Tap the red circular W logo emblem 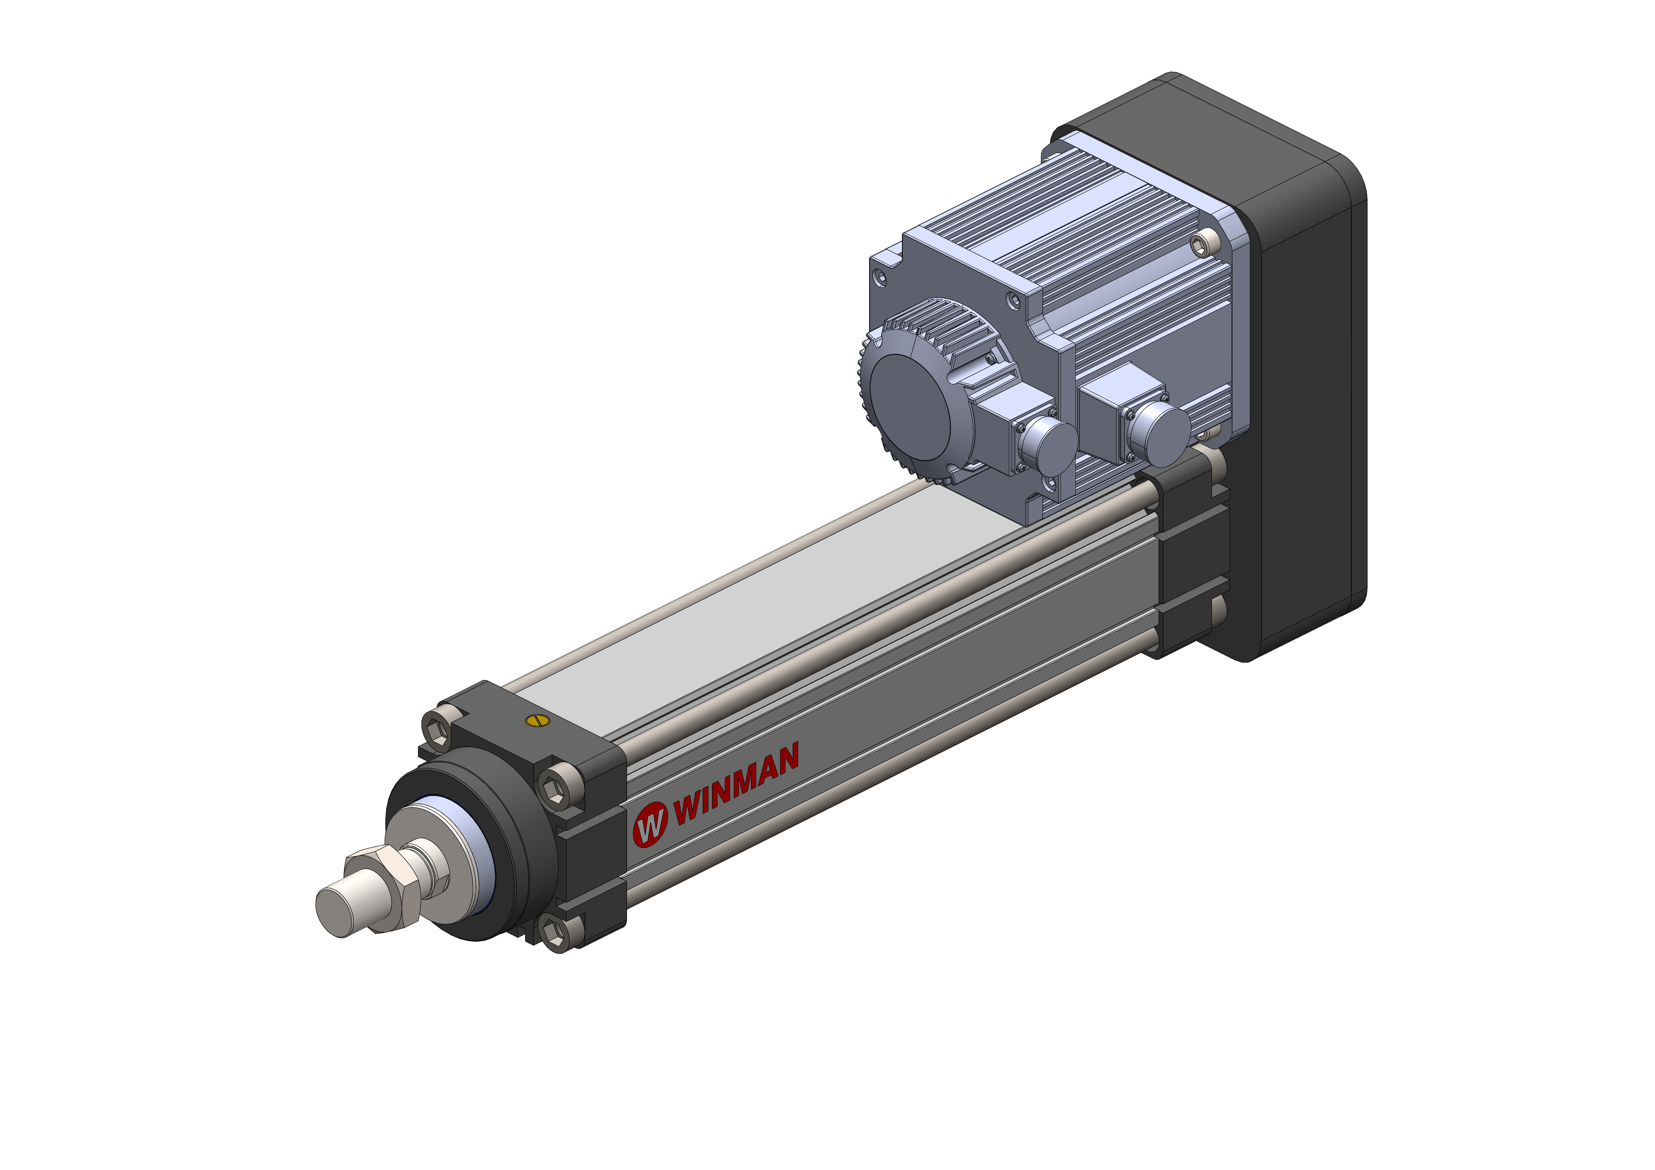[x=650, y=824]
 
